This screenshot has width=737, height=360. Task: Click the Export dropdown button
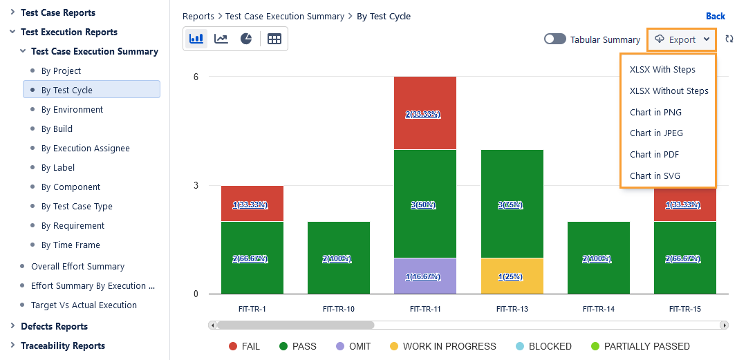pyautogui.click(x=682, y=39)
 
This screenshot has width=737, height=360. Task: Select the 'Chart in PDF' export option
pyautogui.click(x=655, y=154)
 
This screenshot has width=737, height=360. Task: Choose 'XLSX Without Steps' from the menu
pyautogui.click(x=669, y=91)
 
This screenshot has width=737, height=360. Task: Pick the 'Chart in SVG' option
pyautogui.click(x=655, y=176)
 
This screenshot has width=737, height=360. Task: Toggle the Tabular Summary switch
pyautogui.click(x=554, y=39)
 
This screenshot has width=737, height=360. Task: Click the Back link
pyautogui.click(x=715, y=16)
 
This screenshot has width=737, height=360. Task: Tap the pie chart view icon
pyautogui.click(x=246, y=39)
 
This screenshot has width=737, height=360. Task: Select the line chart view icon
pyautogui.click(x=221, y=39)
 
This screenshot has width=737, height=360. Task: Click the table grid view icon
pyautogui.click(x=274, y=39)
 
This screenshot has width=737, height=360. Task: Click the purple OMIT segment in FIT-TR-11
pyautogui.click(x=425, y=276)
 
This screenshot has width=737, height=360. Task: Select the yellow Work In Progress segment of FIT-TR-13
pyautogui.click(x=512, y=276)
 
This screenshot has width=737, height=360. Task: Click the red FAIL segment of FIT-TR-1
pyautogui.click(x=252, y=203)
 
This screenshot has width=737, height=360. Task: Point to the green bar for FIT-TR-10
pyautogui.click(x=339, y=258)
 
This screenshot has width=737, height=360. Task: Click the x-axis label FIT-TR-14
pyautogui.click(x=598, y=309)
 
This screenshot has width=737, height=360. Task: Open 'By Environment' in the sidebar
pyautogui.click(x=72, y=109)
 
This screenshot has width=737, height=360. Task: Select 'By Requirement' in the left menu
pyautogui.click(x=73, y=225)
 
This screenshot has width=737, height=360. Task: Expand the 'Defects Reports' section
pyautogui.click(x=54, y=326)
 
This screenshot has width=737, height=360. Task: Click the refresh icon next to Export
pyautogui.click(x=729, y=39)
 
